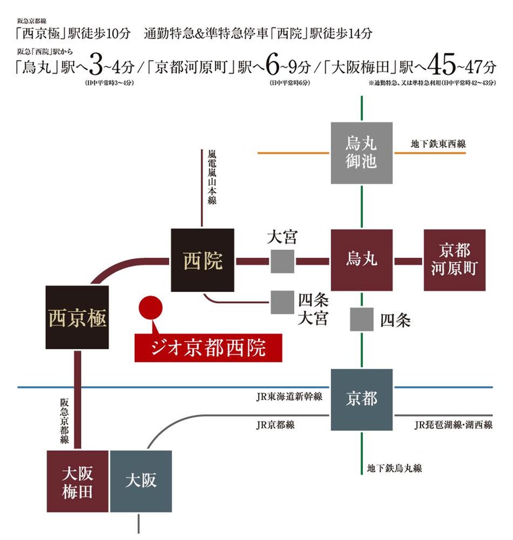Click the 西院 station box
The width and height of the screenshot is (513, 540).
coord(202,262)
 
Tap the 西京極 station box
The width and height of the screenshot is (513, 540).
coord(77,318)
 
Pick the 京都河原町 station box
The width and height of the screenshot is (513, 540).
coord(454,260)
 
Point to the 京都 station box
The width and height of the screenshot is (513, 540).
coord(361,400)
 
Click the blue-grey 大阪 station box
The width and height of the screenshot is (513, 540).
coord(141,482)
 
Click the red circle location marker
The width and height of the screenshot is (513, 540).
coord(150,308)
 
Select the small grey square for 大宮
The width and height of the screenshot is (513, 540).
coord(282,262)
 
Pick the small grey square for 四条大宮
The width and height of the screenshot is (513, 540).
coord(282,302)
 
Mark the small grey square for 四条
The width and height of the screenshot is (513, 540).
coord(361,319)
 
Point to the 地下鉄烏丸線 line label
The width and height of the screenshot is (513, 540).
coord(394,469)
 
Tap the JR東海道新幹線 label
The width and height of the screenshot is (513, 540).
coord(290,397)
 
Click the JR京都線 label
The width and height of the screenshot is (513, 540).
coord(275,425)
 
